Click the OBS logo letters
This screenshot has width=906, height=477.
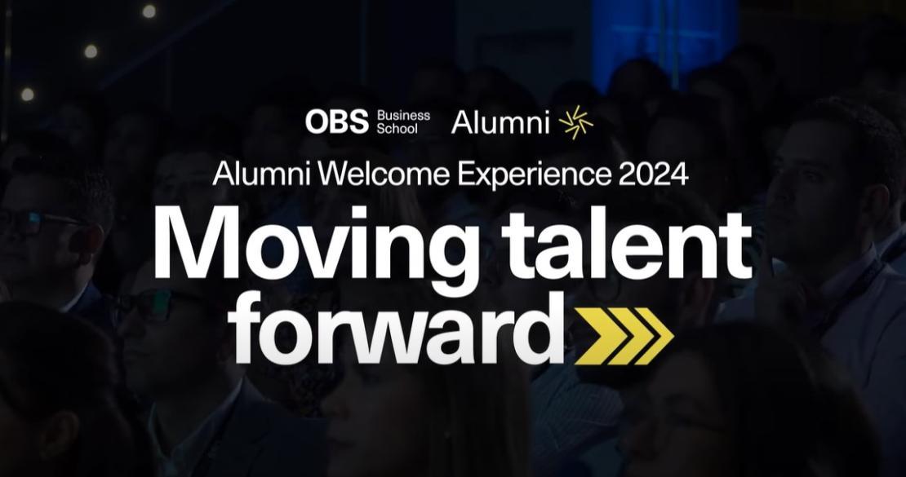tap(337, 121)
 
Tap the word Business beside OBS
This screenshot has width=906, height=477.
tap(403, 116)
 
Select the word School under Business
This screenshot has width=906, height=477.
tap(397, 128)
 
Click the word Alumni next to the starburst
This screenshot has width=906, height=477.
tap(500, 121)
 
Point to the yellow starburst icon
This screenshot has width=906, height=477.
tap(576, 122)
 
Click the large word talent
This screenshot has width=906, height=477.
tap(626, 241)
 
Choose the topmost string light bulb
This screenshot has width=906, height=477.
tap(149, 11)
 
